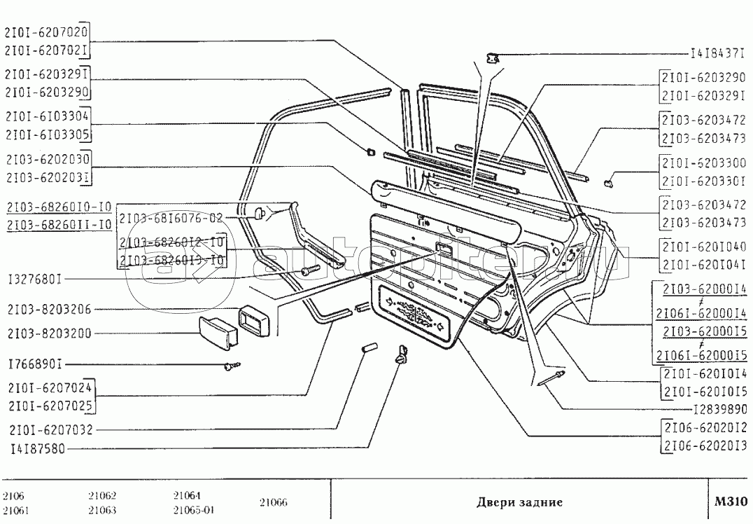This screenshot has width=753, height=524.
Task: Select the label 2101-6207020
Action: [x=46, y=32]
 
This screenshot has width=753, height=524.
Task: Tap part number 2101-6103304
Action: [x=46, y=116]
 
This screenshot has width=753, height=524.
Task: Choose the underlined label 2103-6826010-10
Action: [x=58, y=208]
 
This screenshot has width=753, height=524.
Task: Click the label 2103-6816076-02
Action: [x=171, y=218]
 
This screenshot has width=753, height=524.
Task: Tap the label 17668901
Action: [x=35, y=365]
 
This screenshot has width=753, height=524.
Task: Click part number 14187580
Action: [x=36, y=449]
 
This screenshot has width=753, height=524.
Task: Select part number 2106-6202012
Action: [x=705, y=427]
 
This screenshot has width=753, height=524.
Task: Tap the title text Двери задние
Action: [x=519, y=502]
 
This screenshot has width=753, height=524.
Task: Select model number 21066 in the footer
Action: [x=273, y=502]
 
